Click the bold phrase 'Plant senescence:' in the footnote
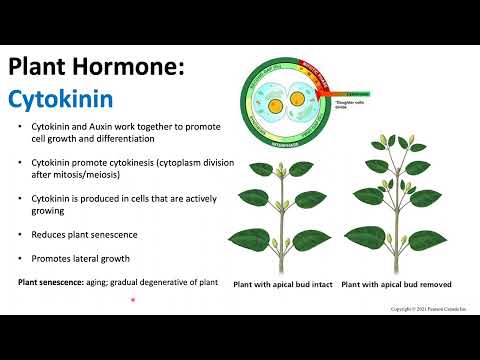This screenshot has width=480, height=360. [51, 282]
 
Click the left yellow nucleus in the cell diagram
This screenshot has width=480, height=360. [273, 105]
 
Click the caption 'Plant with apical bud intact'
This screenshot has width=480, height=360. [283, 285]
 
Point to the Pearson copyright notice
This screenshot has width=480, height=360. [427, 310]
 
